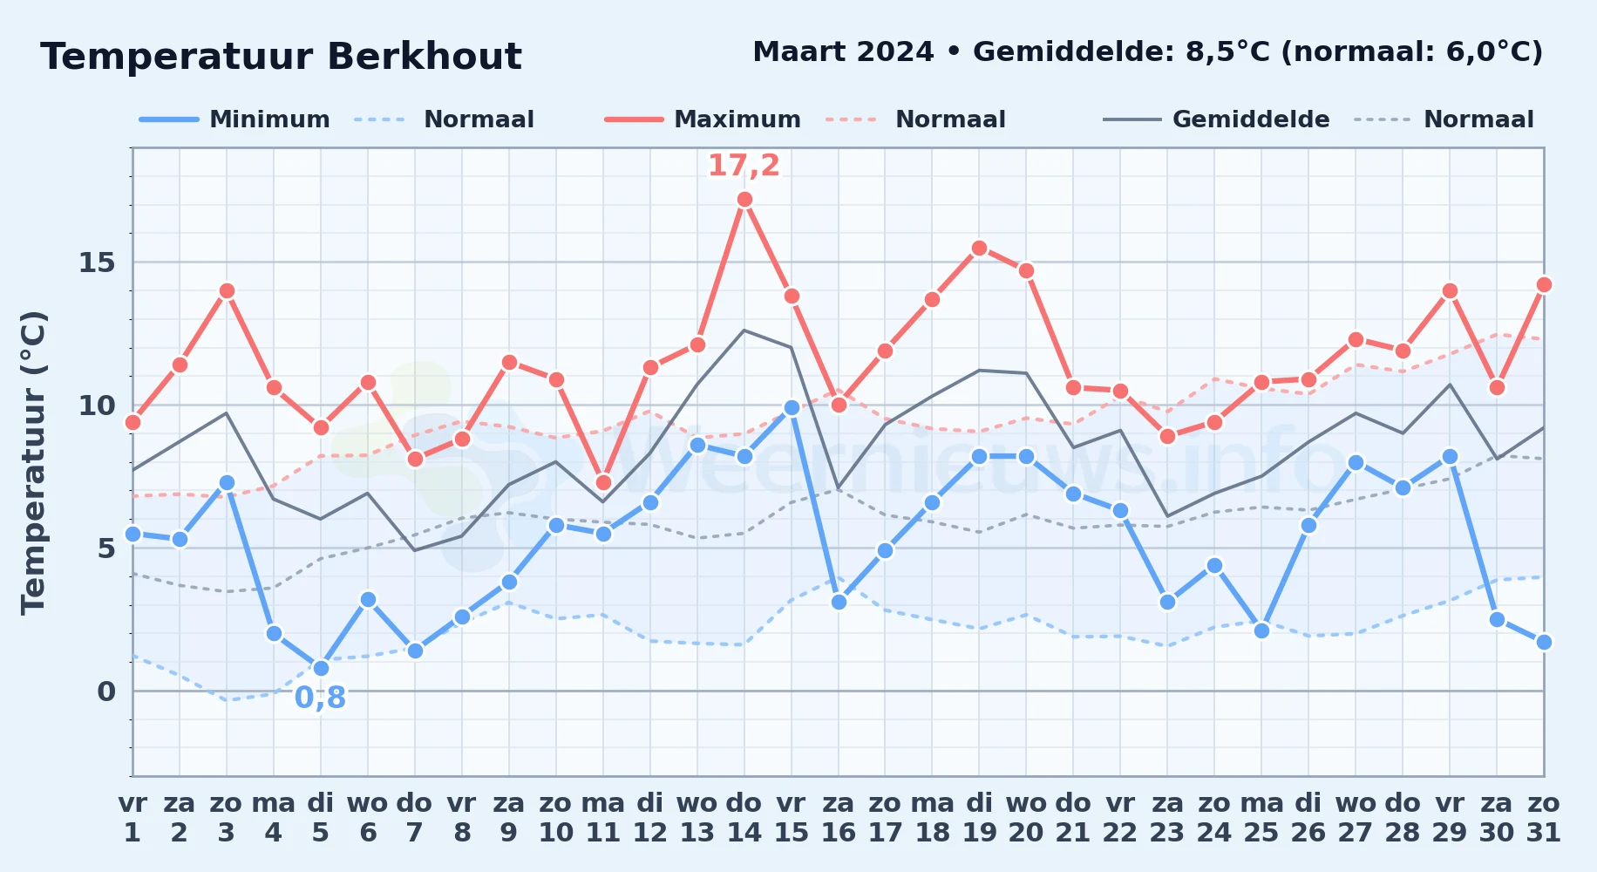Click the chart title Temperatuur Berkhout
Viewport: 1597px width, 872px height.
click(281, 57)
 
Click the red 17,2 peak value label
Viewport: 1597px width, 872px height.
click(744, 165)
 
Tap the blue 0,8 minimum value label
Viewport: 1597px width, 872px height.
click(321, 698)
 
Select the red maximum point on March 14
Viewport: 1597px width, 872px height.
click(744, 199)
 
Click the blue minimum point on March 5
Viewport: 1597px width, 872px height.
click(321, 668)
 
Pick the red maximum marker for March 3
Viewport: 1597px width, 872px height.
click(227, 290)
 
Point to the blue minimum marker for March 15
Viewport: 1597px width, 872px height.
click(792, 407)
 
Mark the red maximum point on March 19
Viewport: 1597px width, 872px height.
click(979, 248)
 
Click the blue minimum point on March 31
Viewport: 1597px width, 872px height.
click(1544, 642)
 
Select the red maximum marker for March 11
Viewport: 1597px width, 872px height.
click(603, 482)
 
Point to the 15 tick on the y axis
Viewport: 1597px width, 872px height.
click(97, 262)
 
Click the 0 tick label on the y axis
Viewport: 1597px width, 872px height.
click(106, 691)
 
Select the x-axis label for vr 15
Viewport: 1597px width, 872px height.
click(792, 817)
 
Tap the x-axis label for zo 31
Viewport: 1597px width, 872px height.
click(1544, 817)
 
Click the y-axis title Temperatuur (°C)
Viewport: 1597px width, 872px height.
click(34, 462)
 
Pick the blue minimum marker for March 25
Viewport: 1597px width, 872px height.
click(1261, 630)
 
